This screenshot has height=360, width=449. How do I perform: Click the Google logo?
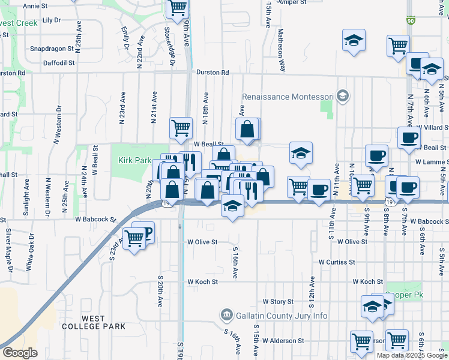coord(19,353)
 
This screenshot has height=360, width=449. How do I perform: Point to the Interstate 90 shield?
coord(410,20)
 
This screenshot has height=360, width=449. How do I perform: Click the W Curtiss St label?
coord(337,262)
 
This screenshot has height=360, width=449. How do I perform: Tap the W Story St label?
coord(277,302)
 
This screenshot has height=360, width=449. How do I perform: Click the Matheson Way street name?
coord(280,41)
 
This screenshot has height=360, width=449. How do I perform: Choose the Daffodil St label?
coord(59,62)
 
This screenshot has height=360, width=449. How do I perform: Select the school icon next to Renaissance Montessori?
coord(342,96)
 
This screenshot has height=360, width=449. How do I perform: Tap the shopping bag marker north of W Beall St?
coord(247,129)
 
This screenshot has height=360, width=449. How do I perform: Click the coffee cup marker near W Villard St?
coord(408,137)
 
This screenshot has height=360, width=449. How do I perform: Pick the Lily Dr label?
coord(53,20)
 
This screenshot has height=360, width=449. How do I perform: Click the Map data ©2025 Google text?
coord(411,355)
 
